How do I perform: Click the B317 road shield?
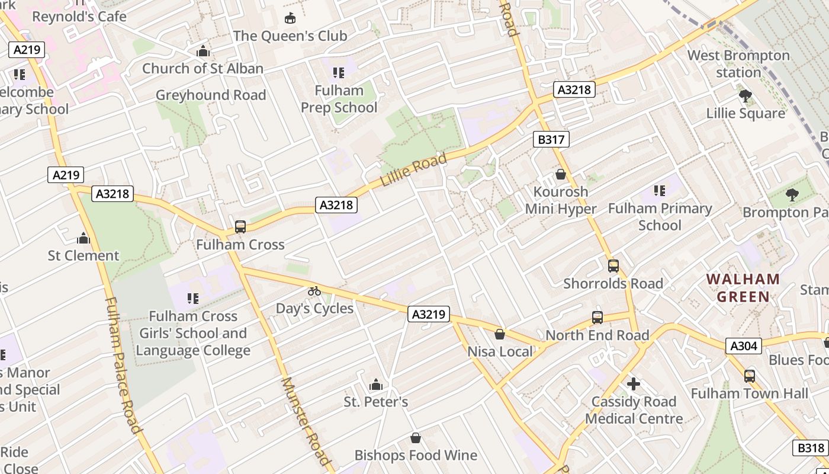click(551, 139)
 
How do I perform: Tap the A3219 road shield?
click(428, 314)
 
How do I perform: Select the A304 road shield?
click(743, 345)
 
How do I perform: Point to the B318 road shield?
click(810, 448)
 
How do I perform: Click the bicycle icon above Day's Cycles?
click(314, 291)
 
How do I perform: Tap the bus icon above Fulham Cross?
click(240, 226)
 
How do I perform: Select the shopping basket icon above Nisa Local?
click(500, 334)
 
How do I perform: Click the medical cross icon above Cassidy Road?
click(634, 384)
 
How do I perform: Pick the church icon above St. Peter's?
click(375, 385)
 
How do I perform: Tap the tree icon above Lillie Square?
click(745, 96)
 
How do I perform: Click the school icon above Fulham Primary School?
click(660, 191)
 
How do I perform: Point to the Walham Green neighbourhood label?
click(743, 287)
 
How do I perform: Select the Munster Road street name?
click(304, 421)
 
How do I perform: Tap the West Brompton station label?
click(738, 64)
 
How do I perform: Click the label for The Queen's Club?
click(290, 36)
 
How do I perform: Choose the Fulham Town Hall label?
click(749, 393)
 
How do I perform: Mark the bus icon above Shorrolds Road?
click(613, 266)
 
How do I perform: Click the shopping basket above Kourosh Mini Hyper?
click(560, 174)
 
